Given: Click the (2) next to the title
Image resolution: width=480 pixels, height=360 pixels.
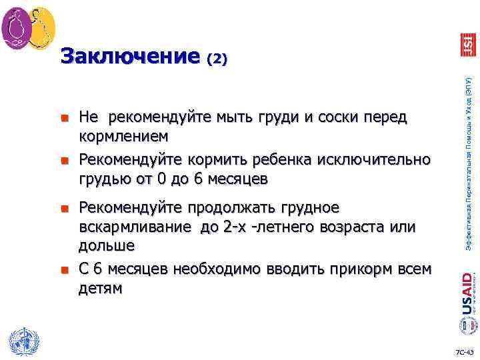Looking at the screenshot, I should click(217, 59).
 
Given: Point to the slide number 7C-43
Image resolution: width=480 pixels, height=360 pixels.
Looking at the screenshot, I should click(464, 351).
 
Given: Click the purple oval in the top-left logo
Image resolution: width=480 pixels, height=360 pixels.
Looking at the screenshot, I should click(17, 26).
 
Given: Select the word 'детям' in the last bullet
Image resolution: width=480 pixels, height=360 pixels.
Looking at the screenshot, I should click(101, 287).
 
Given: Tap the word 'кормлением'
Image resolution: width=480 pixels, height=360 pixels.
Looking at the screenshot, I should click(124, 136).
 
